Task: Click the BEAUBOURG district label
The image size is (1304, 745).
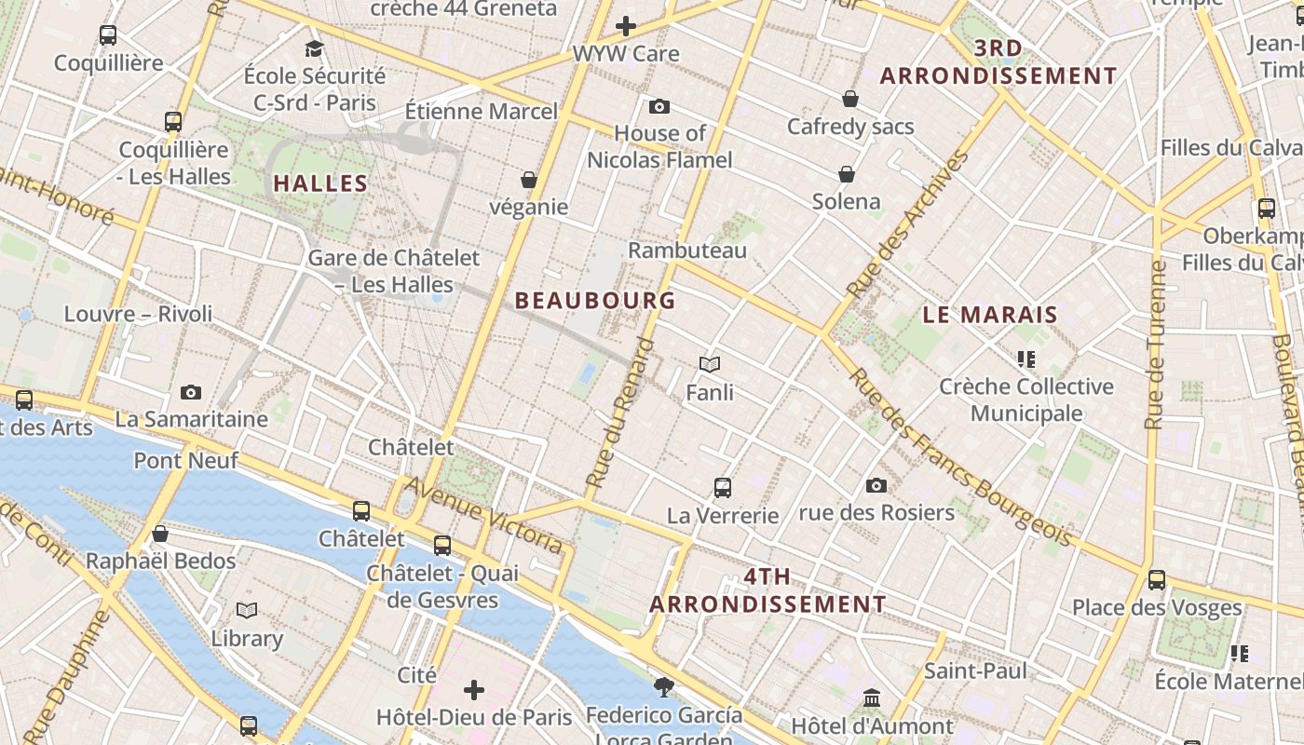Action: tap(595, 301)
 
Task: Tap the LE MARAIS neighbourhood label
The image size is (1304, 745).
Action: tap(990, 315)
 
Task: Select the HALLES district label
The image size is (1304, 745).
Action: tap(320, 183)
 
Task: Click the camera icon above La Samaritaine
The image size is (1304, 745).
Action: tap(191, 393)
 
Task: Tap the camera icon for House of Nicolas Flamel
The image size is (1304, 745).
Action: tap(659, 107)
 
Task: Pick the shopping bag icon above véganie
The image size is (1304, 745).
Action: tap(529, 180)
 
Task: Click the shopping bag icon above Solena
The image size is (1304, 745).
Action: tap(847, 174)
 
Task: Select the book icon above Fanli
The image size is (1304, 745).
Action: tap(710, 364)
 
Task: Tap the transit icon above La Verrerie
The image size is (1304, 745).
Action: tap(723, 487)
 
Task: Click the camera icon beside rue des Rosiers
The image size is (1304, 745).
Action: tap(876, 485)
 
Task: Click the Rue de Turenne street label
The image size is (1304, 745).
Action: tap(1156, 345)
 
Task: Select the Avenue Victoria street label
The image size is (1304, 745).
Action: tap(483, 515)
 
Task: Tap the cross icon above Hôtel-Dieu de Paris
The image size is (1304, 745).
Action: tap(474, 690)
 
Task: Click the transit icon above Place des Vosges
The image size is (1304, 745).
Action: tap(1157, 579)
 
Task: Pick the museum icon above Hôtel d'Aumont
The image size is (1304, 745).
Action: tap(872, 698)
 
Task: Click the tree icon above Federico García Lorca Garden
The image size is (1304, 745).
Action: tap(663, 687)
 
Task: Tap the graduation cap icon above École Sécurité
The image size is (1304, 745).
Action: tap(314, 48)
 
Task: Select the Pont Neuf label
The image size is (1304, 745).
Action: tap(186, 460)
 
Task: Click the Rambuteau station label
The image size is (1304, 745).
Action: tap(687, 251)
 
